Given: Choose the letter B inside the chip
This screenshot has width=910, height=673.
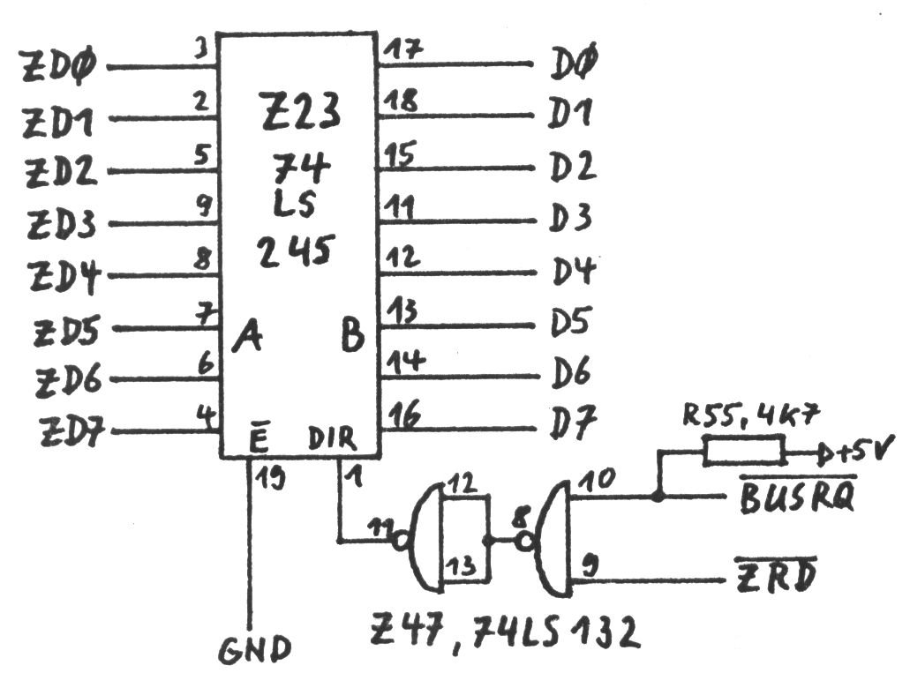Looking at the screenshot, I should [353, 336].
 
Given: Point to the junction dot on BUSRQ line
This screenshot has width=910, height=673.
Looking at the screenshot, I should [658, 497].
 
